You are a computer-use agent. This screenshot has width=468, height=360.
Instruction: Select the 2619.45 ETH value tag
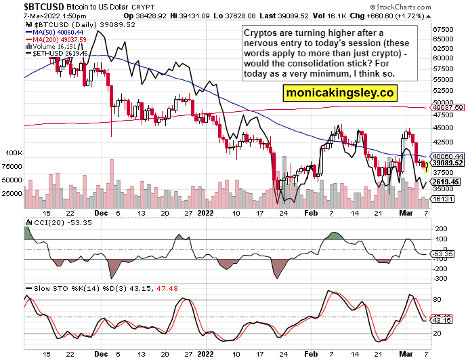tap(446, 182)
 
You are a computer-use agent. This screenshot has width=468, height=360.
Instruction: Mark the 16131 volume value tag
tap(443, 199)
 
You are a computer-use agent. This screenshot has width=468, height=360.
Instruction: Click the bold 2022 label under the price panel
tap(205, 212)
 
